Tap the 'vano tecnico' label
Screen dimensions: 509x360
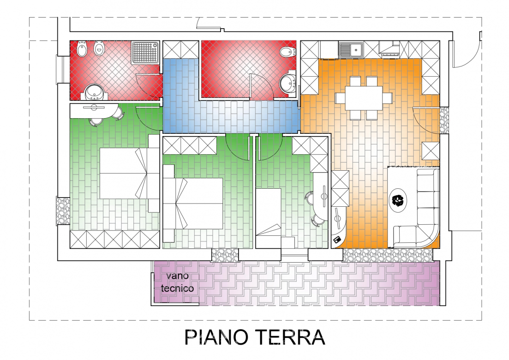177,282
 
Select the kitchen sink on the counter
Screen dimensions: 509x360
351,50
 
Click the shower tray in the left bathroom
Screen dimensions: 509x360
145,53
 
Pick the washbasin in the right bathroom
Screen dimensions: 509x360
287,84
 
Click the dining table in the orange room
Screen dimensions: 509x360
364,98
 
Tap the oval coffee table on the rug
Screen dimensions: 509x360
398,200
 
